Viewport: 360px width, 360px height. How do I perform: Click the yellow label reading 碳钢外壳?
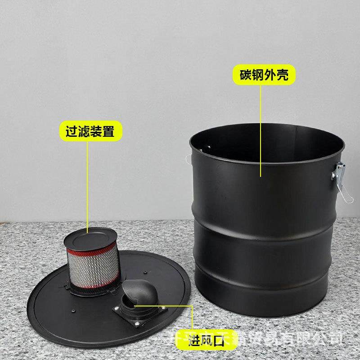point(265,75)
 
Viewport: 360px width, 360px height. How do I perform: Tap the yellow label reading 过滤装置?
point(90,131)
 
